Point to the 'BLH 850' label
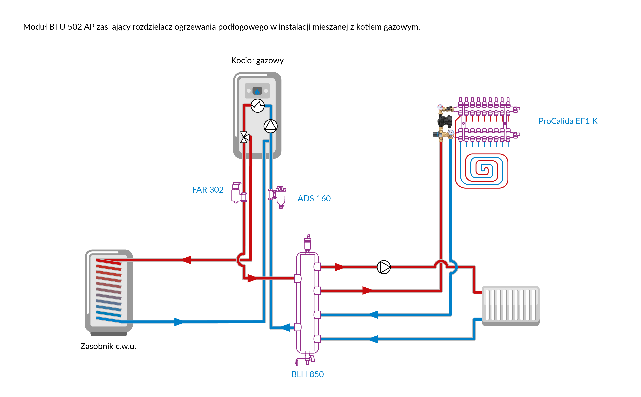tap(307, 374)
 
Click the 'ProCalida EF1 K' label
tap(568, 121)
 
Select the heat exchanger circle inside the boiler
tap(258, 106)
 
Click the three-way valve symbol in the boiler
tap(244, 137)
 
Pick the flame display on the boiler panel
tap(257, 91)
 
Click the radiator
tap(510, 305)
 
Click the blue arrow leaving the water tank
tap(179, 322)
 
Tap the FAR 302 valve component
tap(238, 193)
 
